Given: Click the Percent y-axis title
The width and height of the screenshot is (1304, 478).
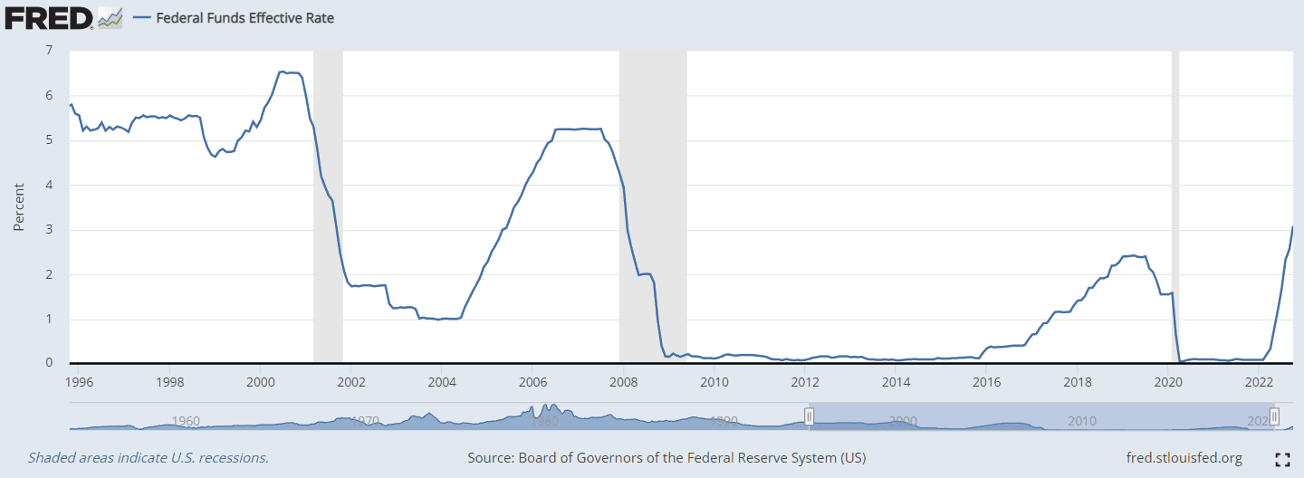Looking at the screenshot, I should (x=18, y=208).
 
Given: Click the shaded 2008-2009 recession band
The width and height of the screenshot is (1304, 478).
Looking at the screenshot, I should (x=652, y=208).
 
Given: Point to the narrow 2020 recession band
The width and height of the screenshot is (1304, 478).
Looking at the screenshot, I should (x=1175, y=208).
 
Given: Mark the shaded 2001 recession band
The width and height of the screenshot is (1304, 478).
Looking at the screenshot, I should (x=328, y=208).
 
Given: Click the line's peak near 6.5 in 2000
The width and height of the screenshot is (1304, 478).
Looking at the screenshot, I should (x=283, y=72).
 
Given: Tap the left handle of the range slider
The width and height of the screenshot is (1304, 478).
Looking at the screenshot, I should (x=809, y=416).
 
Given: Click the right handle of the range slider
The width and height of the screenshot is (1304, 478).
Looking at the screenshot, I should (x=1274, y=416).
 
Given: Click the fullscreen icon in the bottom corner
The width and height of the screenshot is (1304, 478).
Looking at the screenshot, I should (x=1282, y=459).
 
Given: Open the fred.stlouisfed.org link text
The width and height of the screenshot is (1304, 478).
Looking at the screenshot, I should (x=1183, y=458).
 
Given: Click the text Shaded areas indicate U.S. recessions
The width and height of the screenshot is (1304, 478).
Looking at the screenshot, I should (x=148, y=458).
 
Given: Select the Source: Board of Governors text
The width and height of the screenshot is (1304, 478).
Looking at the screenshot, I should (x=666, y=458).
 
